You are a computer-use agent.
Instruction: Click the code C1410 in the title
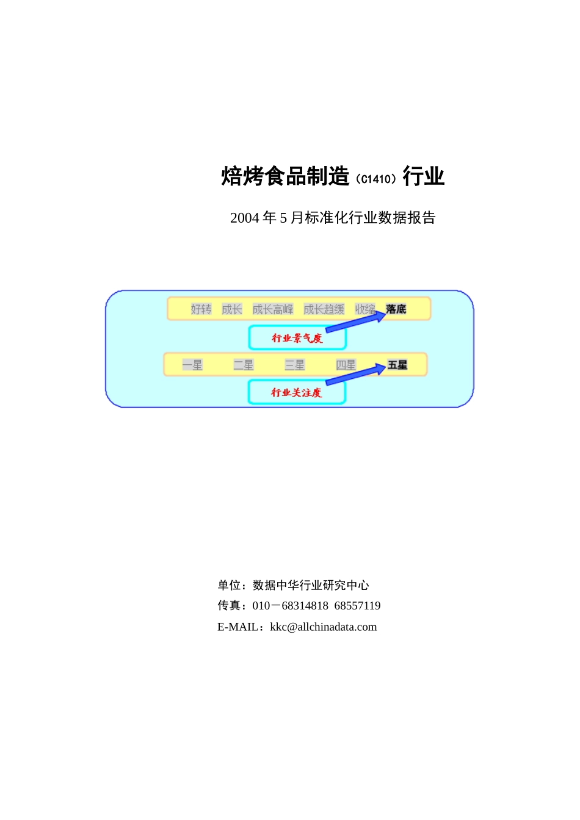click(375, 179)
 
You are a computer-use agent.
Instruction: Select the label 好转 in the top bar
click(201, 309)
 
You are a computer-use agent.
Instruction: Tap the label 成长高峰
click(272, 309)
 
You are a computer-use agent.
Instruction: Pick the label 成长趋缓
click(324, 309)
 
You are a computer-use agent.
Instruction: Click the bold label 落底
click(396, 309)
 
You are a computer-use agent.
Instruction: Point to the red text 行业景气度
click(297, 338)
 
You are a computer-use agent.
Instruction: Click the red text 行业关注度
click(296, 392)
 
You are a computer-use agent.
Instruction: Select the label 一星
click(192, 365)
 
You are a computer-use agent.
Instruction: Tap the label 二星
click(244, 365)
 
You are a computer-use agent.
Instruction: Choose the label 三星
click(295, 365)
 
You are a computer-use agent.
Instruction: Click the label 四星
click(346, 365)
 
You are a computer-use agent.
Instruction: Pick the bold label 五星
click(397, 365)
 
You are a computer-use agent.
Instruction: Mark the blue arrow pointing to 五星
click(355, 375)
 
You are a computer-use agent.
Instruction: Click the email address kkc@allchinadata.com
click(324, 627)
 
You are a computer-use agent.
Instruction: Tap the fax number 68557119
click(357, 605)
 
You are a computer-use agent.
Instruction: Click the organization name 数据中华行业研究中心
click(311, 585)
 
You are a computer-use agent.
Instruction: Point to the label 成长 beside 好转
click(232, 309)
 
